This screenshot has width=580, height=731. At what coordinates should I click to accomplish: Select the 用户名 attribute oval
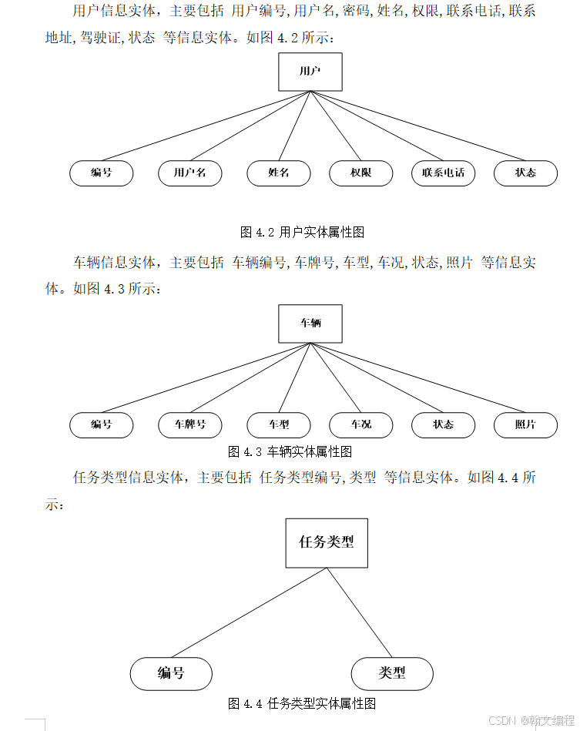[x=189, y=173]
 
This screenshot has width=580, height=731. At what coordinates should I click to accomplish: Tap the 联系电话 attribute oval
[x=443, y=173]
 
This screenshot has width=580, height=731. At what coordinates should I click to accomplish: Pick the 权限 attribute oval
[x=360, y=173]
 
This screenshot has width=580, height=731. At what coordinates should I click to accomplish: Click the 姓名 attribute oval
[x=278, y=173]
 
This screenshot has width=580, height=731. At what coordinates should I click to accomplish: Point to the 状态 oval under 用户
[x=525, y=173]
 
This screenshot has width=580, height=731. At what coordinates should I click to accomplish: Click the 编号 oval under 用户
[x=102, y=173]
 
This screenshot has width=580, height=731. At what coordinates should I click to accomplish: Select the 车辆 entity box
[x=310, y=324]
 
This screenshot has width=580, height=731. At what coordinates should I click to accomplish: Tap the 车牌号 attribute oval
[x=189, y=424]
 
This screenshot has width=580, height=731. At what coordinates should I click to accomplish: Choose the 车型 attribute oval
[x=278, y=424]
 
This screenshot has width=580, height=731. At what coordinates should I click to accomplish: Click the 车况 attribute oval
[x=360, y=424]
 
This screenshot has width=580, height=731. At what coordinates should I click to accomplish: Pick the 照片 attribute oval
[x=525, y=424]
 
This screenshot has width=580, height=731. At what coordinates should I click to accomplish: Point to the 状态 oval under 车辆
[x=443, y=424]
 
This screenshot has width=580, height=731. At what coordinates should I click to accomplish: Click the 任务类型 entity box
[x=327, y=542]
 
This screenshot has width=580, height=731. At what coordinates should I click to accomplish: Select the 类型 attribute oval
[x=392, y=673]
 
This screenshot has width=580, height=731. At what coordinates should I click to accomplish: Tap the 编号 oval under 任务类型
[x=171, y=673]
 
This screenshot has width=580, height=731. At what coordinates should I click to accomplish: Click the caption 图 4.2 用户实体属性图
[x=302, y=232]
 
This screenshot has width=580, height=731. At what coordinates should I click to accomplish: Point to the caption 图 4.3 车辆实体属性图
[x=290, y=451]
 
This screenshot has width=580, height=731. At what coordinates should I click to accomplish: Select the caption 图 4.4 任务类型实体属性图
[x=301, y=703]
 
